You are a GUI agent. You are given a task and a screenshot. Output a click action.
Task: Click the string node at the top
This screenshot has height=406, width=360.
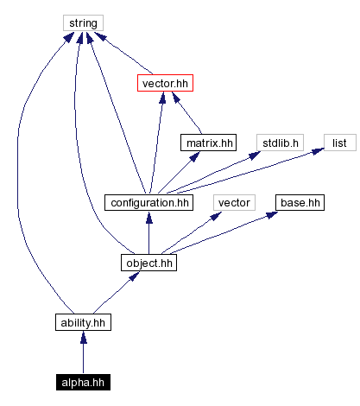click(x=83, y=22)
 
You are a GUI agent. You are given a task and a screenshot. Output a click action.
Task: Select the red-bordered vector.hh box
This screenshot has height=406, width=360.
click(x=163, y=83)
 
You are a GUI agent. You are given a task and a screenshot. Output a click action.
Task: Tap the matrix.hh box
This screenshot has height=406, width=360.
click(x=208, y=142)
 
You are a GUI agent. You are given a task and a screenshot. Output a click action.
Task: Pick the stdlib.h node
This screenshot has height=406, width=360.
click(x=275, y=142)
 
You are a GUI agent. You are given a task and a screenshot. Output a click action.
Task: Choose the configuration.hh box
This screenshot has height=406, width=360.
click(x=148, y=202)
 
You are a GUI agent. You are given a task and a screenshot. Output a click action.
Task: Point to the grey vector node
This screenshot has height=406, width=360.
click(x=233, y=202)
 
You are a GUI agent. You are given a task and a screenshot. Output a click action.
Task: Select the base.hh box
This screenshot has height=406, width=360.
click(x=300, y=202)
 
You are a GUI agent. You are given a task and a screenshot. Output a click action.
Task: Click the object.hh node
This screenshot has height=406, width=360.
click(x=148, y=261)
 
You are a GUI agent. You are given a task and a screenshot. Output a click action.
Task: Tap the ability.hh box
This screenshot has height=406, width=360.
click(x=83, y=322)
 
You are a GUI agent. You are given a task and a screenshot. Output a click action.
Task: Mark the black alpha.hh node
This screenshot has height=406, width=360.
click(x=83, y=381)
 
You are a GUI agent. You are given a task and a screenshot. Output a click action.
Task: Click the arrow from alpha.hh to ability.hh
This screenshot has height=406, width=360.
click(x=83, y=352)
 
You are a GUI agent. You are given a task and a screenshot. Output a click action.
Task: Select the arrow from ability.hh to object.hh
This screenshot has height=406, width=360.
click(x=114, y=293)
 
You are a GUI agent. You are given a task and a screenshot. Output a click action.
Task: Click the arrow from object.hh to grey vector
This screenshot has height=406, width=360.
click(x=190, y=232)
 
